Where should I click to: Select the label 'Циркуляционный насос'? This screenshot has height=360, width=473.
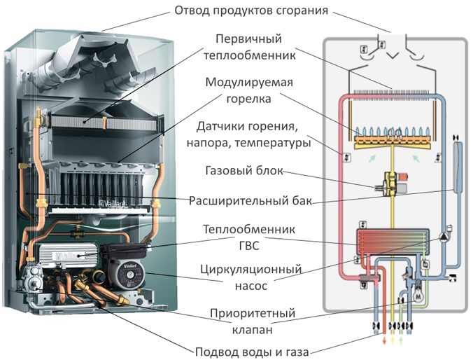point(250,277)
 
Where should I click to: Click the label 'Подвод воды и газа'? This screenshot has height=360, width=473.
point(250,350)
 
